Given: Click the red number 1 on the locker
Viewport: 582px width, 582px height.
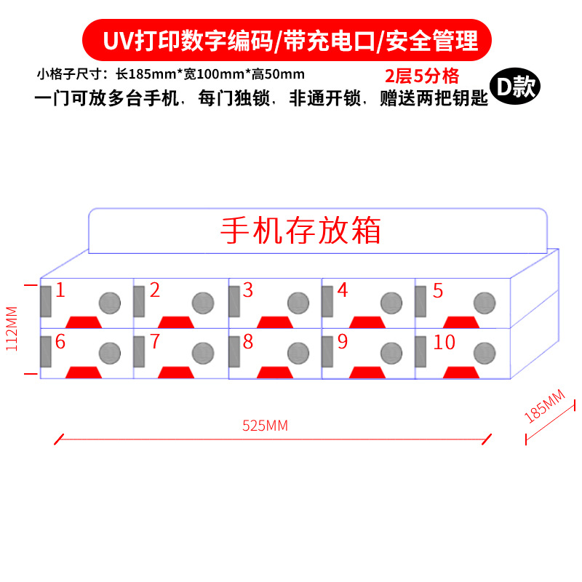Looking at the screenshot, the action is coord(60,291).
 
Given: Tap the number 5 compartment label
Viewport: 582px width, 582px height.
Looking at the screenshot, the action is coord(438,291).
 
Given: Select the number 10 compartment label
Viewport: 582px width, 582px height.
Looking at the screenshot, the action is coord(444,342).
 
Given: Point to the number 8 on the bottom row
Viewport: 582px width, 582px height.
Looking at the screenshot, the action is coord(248,342).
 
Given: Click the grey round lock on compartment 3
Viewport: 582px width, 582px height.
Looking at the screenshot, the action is coord(298,302).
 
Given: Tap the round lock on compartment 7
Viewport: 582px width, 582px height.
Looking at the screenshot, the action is coord(203,353).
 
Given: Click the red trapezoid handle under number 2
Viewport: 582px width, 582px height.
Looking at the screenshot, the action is coord(175,322).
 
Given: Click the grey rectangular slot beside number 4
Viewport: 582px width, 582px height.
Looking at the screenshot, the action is coord(327,301).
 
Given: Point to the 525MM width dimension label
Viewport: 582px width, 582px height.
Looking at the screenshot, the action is coord(265,426).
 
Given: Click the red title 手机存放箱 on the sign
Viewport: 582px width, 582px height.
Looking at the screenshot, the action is coord(300,231).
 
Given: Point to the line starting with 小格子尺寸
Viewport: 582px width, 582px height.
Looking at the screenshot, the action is coord(170,74).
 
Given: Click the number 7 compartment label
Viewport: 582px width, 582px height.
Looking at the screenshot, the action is coord(154,342).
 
